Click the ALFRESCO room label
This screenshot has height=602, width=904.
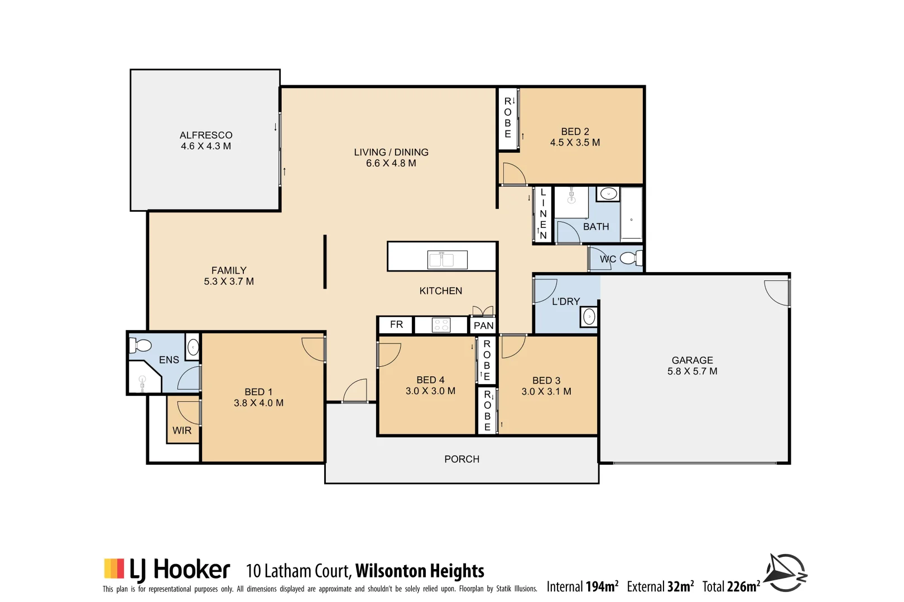click(x=206, y=135)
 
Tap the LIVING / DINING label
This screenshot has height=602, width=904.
click(x=391, y=152)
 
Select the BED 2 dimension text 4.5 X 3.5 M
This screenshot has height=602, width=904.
click(x=575, y=143)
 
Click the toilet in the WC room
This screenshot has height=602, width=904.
click(x=630, y=258)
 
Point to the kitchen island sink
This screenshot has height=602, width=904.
click(x=447, y=260)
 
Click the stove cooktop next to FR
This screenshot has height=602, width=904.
click(x=441, y=325)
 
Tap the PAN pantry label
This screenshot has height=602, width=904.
click(x=483, y=326)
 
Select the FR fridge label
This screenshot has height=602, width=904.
click(x=396, y=324)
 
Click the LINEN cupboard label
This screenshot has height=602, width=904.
click(x=543, y=214)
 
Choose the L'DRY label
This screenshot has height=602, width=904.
click(x=565, y=302)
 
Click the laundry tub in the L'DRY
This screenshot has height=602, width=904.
click(x=589, y=317)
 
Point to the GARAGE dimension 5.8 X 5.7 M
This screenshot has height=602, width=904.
click(x=692, y=371)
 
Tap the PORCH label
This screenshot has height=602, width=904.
click(x=461, y=459)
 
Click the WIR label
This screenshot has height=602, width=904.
click(x=182, y=430)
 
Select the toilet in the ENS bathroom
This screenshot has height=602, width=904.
click(x=141, y=346)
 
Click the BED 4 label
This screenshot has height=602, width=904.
click(x=430, y=380)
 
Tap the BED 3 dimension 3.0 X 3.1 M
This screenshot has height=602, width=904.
click(x=546, y=391)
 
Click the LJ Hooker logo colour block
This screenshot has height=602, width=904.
click(x=114, y=569)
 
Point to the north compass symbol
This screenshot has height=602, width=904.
click(x=785, y=572)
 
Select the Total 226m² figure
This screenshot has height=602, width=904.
click(x=731, y=586)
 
